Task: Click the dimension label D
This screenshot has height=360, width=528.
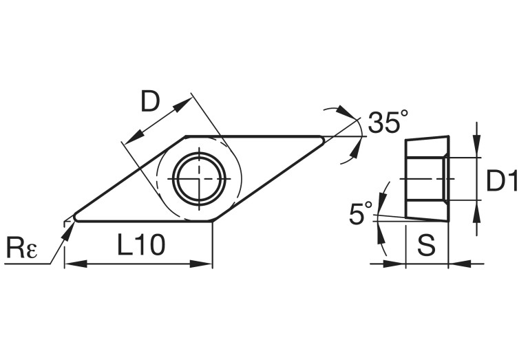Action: coord(150,103)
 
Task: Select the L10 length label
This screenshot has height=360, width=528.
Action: coord(140,246)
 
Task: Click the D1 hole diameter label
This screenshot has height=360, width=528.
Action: coord(502,180)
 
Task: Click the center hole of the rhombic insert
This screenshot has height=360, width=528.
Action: coord(199,178)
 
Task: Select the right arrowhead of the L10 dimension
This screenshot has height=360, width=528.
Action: coord(207,264)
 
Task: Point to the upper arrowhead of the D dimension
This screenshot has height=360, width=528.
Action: coord(184,104)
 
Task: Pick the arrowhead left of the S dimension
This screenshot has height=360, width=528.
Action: coord(399,263)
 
